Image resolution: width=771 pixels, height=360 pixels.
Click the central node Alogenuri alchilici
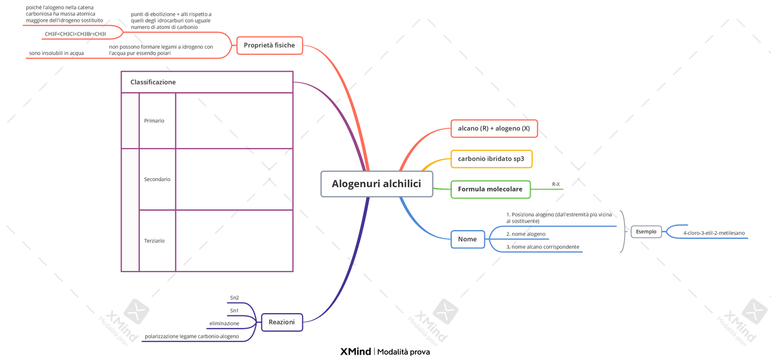click(x=376, y=184)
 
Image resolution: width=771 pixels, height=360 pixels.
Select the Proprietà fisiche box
click(x=269, y=45)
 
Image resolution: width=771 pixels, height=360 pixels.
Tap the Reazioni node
click(x=281, y=322)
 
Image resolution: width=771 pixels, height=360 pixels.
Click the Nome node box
click(x=467, y=239)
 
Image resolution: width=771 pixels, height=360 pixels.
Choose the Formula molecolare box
click(x=490, y=189)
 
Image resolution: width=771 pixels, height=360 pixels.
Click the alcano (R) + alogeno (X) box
click(x=494, y=128)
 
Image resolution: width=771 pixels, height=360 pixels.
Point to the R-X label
click(x=555, y=184)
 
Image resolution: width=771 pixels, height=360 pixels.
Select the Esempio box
click(x=646, y=232)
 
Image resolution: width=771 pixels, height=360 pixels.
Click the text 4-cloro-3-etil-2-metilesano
click(x=714, y=233)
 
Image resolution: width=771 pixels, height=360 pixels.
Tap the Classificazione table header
click(x=154, y=82)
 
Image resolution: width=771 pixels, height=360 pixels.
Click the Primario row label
click(x=154, y=120)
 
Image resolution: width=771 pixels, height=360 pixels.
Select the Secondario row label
click(x=157, y=179)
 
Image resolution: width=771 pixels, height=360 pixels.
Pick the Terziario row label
click(x=154, y=241)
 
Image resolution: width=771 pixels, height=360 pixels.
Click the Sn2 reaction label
click(x=234, y=297)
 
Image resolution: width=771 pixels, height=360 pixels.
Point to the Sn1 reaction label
click(x=234, y=311)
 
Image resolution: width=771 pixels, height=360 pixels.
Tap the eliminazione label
click(x=224, y=323)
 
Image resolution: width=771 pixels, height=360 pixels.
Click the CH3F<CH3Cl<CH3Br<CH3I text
click(x=75, y=34)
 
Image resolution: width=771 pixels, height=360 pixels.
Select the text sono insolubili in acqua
click(x=56, y=53)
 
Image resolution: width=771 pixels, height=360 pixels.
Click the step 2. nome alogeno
click(x=525, y=234)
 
